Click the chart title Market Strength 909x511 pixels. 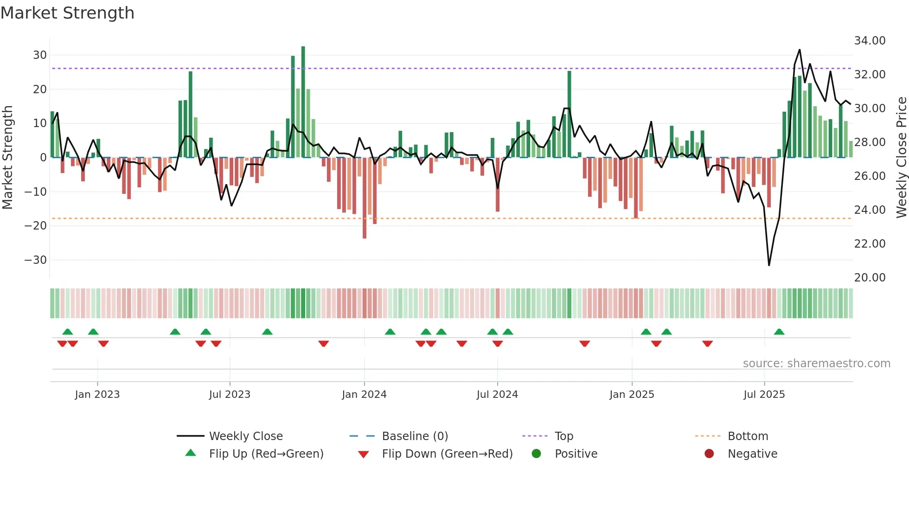click(x=67, y=13)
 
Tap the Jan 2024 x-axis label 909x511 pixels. click(x=364, y=395)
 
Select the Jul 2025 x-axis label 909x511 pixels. click(x=764, y=395)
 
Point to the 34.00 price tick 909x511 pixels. click(x=870, y=41)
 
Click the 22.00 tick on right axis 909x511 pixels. click(x=870, y=244)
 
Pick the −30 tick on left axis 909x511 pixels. click(x=35, y=260)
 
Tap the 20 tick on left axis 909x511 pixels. click(x=39, y=89)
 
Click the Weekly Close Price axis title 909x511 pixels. click(x=901, y=158)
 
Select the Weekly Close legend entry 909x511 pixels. click(x=246, y=436)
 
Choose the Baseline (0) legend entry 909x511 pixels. click(x=415, y=436)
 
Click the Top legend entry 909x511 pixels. click(x=563, y=436)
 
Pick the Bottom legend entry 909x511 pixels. click(x=748, y=436)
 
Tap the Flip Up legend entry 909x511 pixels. click(x=266, y=454)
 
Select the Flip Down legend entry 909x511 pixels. click(x=447, y=454)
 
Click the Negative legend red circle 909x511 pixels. click(x=709, y=454)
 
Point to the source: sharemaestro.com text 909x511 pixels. click(x=816, y=364)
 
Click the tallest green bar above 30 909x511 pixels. click(x=303, y=102)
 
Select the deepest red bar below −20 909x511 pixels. click(x=365, y=198)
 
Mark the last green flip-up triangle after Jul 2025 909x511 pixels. click(x=779, y=332)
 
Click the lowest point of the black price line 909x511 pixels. click(x=769, y=265)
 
